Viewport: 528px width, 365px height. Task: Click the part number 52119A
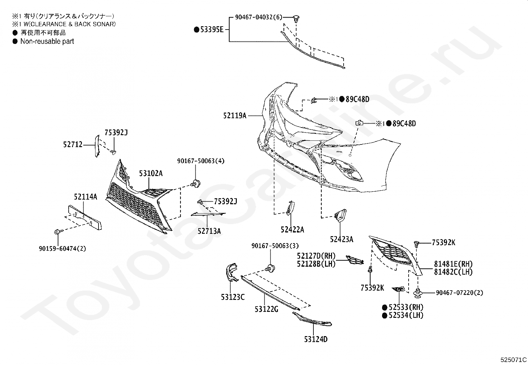(235, 116)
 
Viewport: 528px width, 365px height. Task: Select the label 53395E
(212, 30)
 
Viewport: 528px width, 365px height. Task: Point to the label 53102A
(151, 173)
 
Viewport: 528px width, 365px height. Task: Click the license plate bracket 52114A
(85, 218)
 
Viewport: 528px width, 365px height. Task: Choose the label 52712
(73, 144)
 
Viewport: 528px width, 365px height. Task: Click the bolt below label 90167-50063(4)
(196, 183)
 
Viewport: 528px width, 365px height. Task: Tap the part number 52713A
(209, 231)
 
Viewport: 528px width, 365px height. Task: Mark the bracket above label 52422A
(290, 208)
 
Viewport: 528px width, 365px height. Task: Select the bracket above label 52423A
(340, 216)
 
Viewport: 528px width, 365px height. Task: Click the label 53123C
(232, 297)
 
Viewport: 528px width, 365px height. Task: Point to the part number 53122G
(266, 309)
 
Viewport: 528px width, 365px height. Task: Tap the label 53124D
(316, 339)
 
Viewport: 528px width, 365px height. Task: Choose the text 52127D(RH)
(316, 256)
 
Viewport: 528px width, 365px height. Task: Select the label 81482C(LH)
(453, 272)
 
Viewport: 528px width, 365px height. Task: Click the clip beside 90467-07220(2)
(418, 293)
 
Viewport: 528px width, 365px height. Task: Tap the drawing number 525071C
(513, 360)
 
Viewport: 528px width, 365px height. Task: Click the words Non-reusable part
(47, 41)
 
